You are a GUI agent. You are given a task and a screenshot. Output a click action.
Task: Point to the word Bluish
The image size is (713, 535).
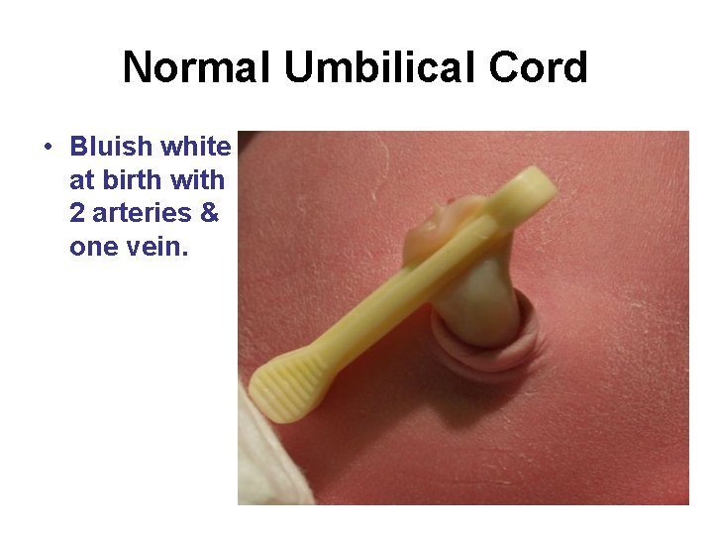[x=111, y=148]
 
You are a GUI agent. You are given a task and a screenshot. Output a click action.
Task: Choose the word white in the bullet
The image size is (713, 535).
[x=195, y=148]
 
